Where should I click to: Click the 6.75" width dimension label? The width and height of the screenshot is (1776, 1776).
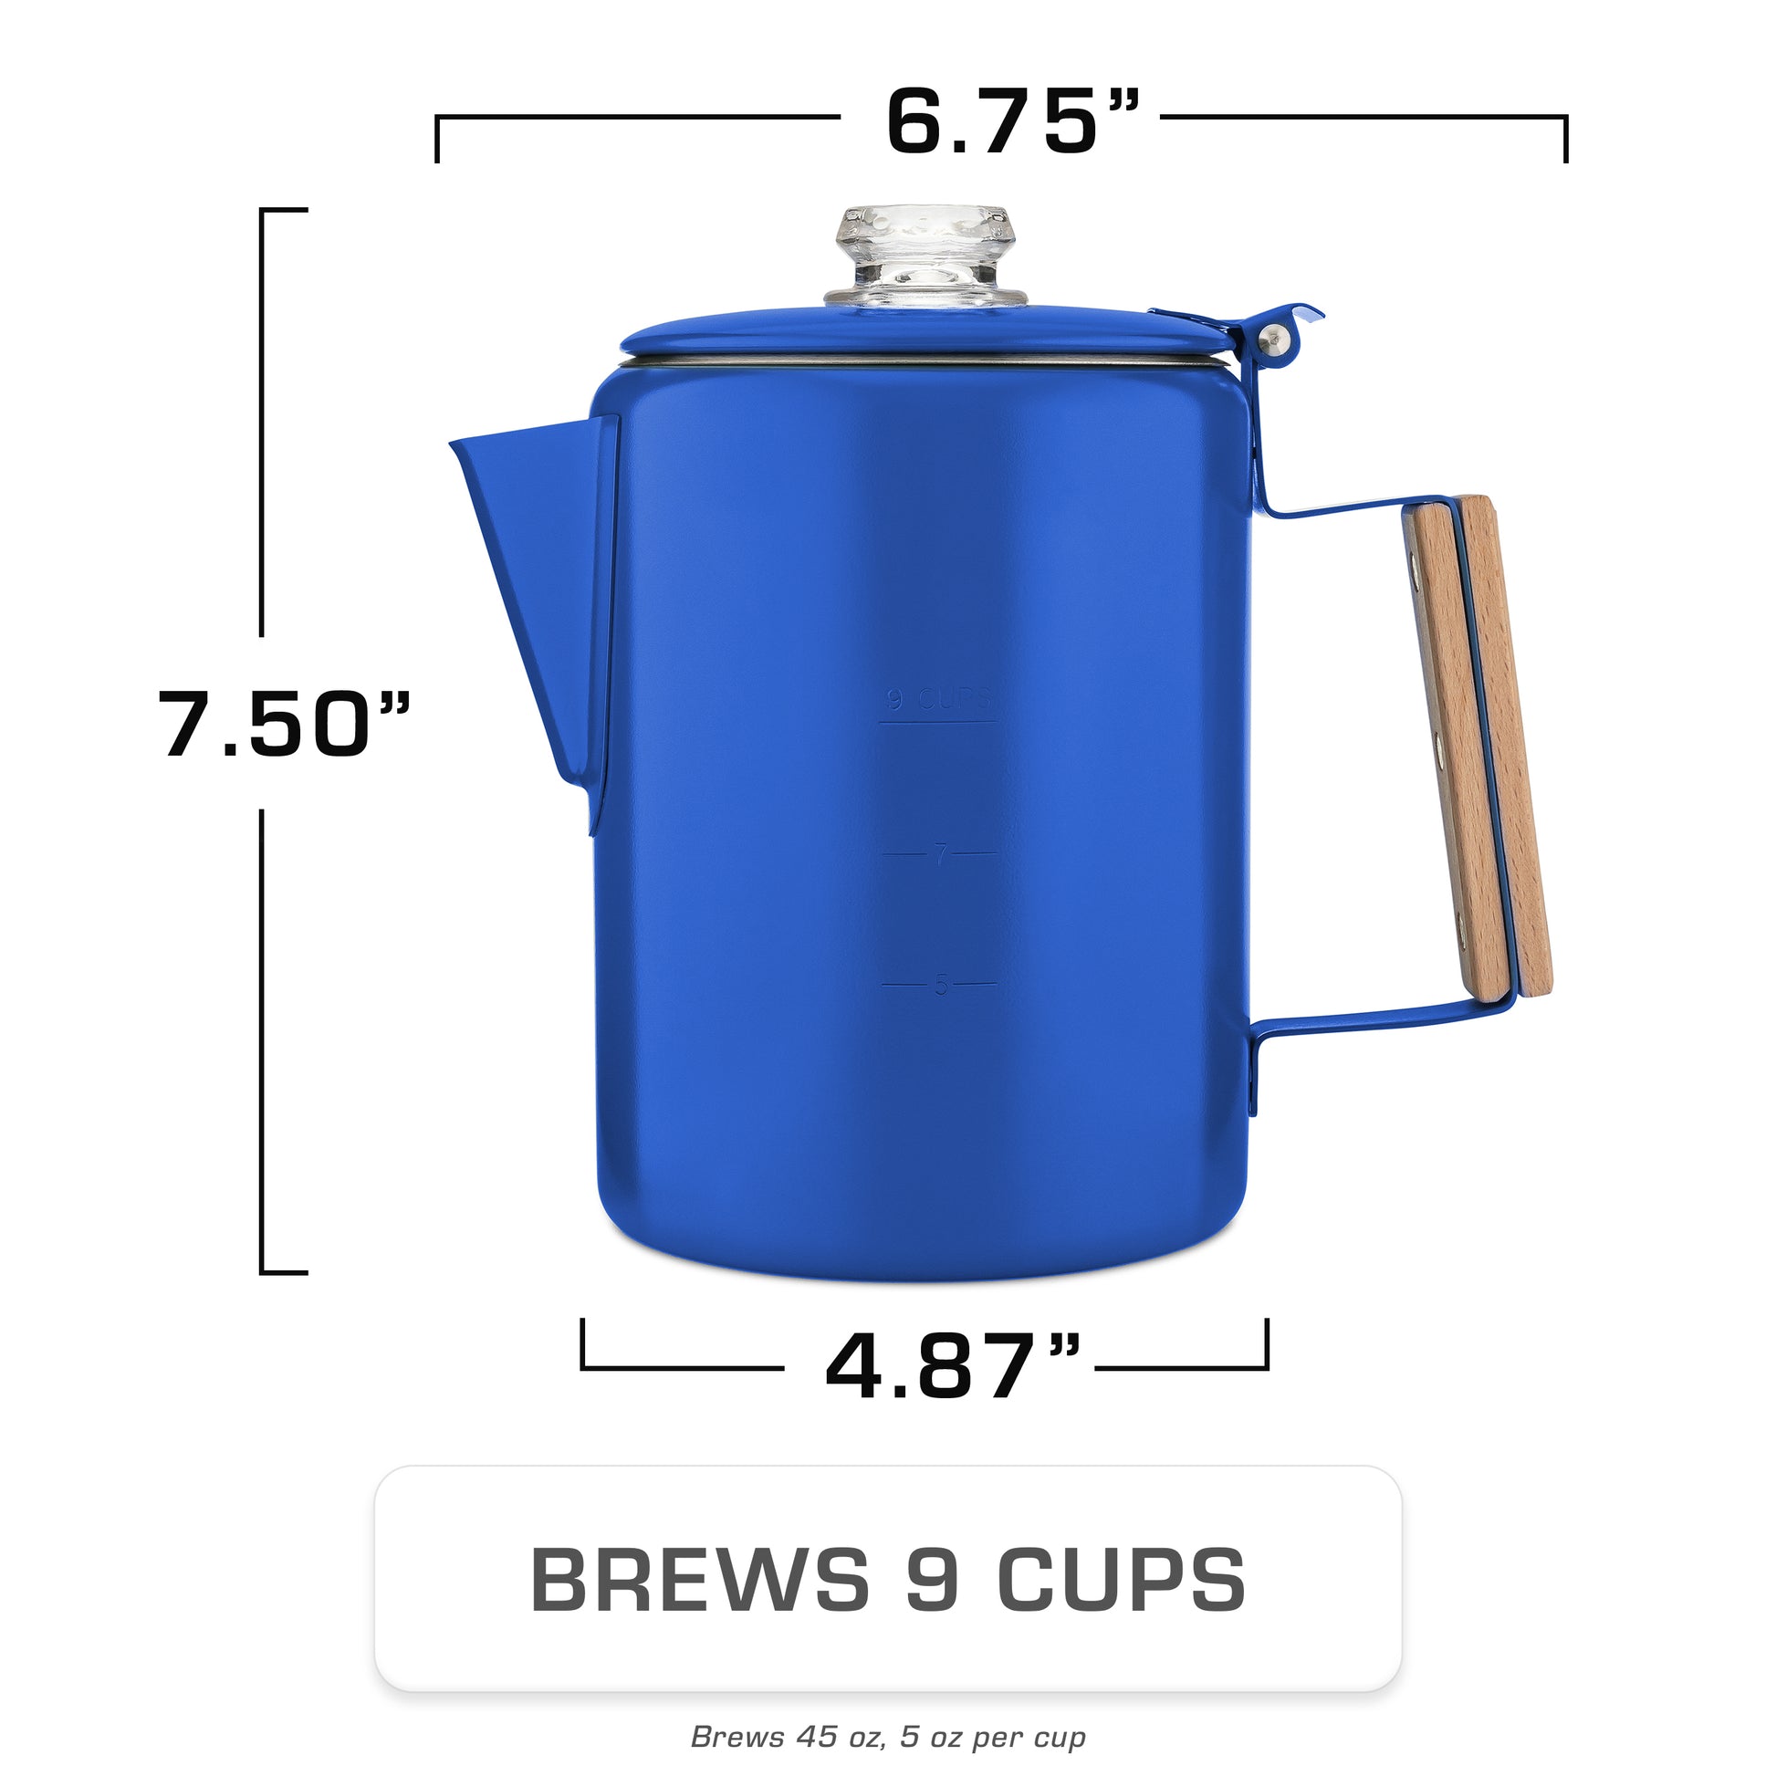click(1012, 120)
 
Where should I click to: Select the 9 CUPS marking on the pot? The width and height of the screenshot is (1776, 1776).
click(938, 701)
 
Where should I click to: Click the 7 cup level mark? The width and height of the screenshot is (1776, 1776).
click(939, 855)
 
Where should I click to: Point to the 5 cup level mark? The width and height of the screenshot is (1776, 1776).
click(939, 986)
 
